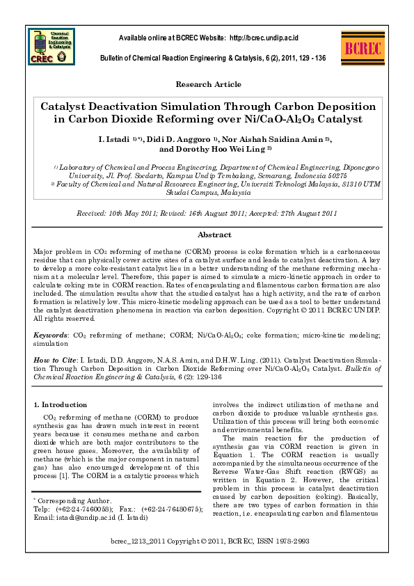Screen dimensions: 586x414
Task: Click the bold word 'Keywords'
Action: [51, 335]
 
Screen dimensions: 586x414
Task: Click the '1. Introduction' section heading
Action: [61, 404]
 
